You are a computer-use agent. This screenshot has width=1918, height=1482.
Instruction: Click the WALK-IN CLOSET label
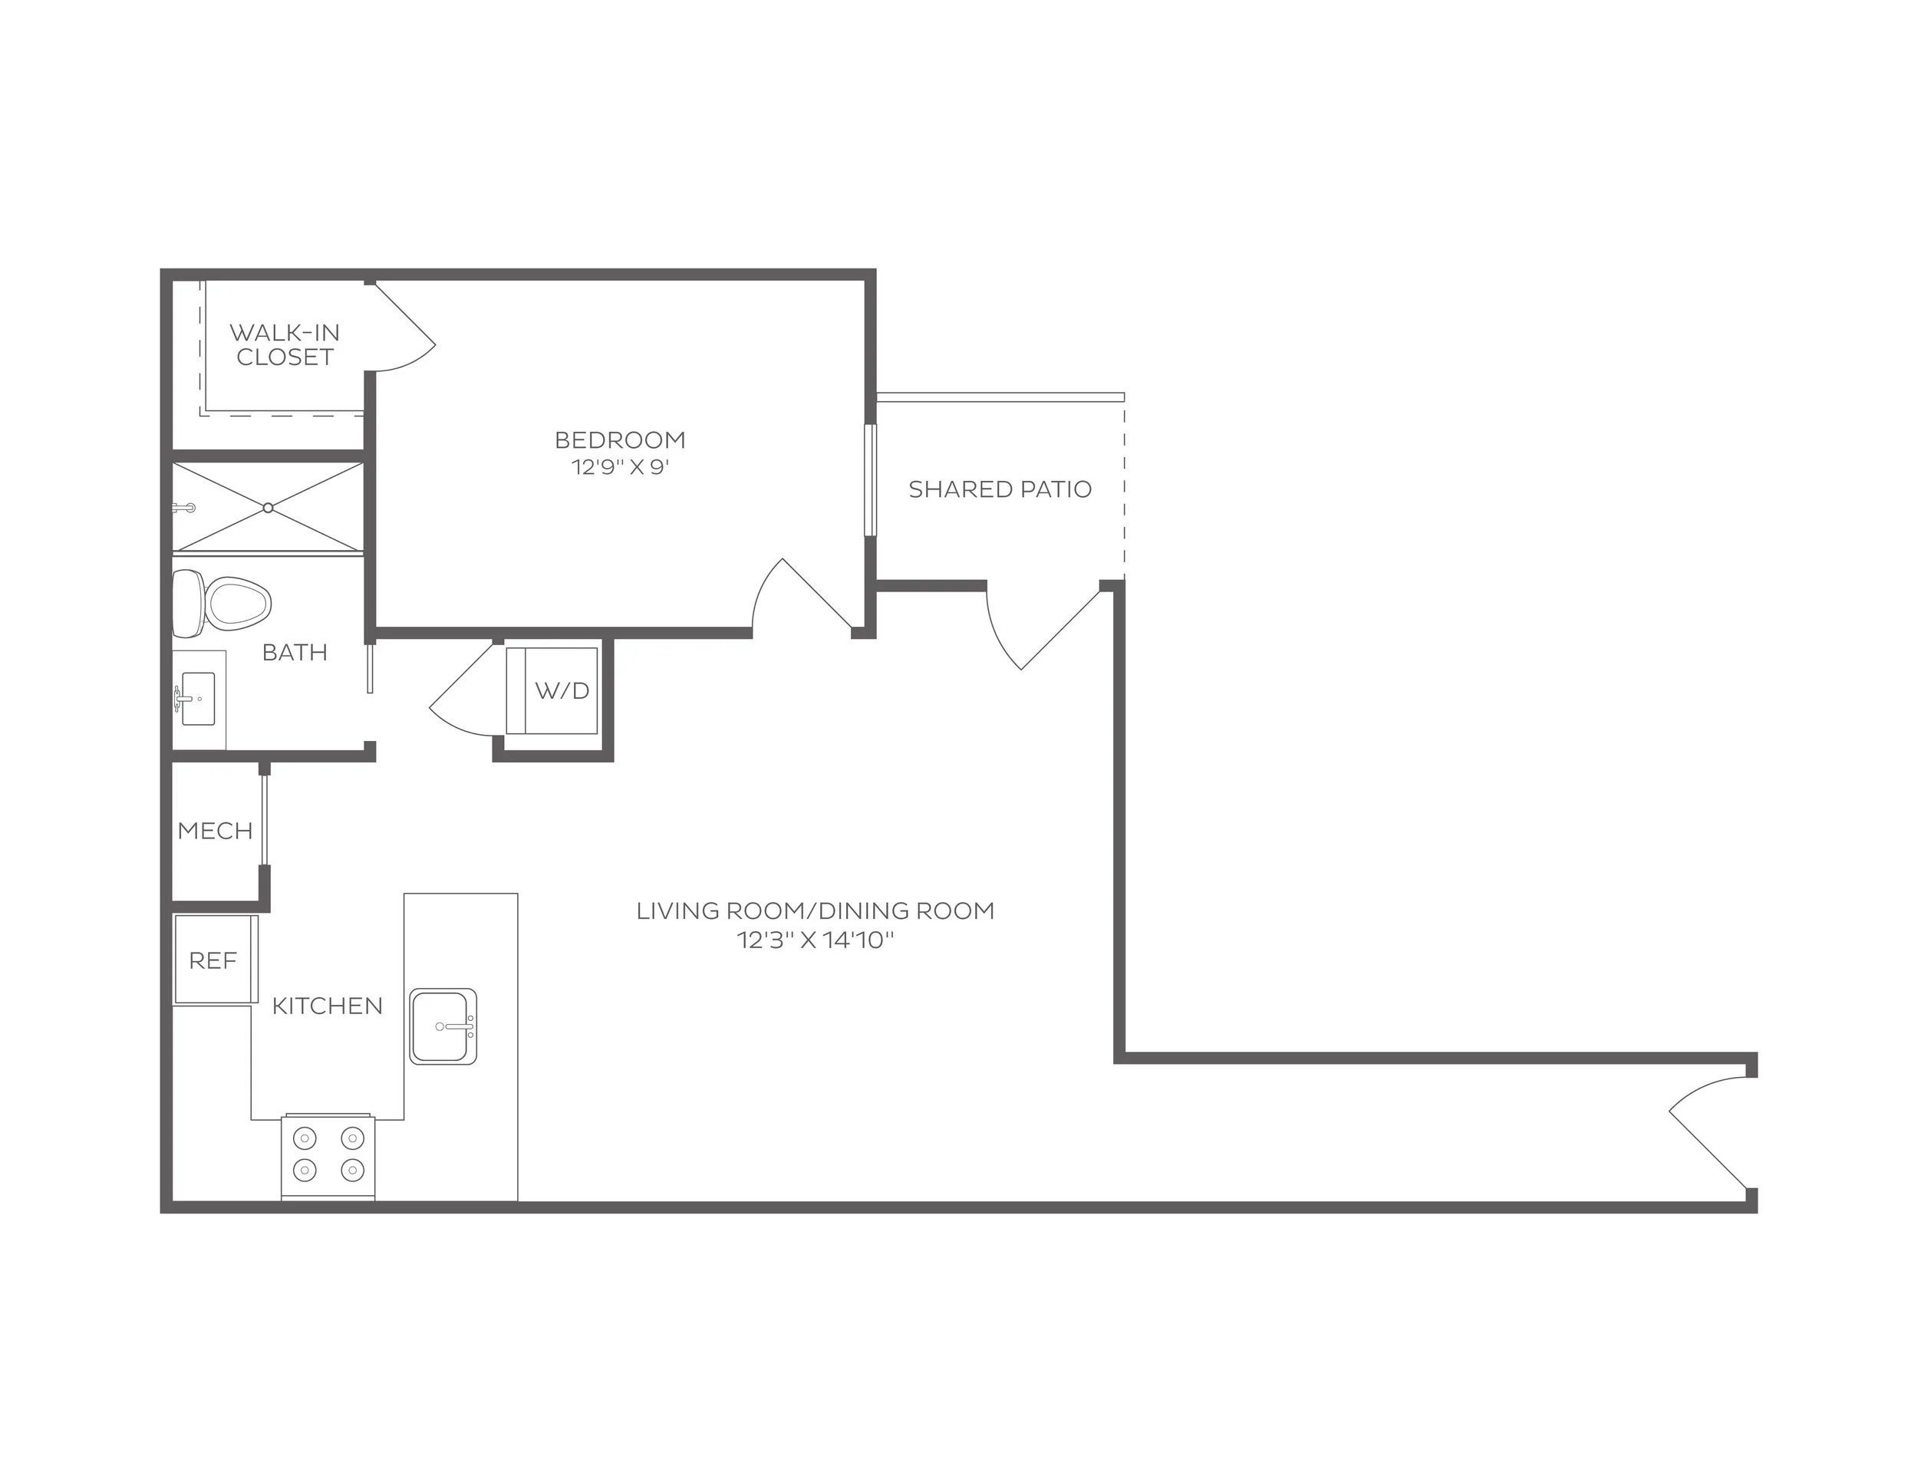click(285, 345)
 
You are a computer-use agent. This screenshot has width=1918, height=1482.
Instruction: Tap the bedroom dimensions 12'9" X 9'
click(620, 467)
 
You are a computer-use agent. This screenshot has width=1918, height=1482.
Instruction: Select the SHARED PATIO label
click(1000, 490)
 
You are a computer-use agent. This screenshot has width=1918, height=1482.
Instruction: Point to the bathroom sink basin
click(199, 699)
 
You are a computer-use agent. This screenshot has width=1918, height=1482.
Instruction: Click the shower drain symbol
click(268, 509)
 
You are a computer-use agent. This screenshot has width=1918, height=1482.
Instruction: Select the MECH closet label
click(215, 832)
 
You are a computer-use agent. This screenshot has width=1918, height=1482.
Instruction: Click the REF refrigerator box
click(214, 960)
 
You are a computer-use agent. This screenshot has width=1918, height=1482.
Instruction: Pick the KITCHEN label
click(328, 1006)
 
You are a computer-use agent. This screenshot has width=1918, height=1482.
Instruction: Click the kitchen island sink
click(443, 1026)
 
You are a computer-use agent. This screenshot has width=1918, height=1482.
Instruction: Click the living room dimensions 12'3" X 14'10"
click(815, 940)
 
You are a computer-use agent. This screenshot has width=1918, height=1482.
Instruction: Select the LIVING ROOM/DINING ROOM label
click(815, 911)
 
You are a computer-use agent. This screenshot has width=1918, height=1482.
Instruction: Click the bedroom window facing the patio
click(870, 480)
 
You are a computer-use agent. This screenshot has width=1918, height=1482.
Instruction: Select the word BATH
click(295, 652)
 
